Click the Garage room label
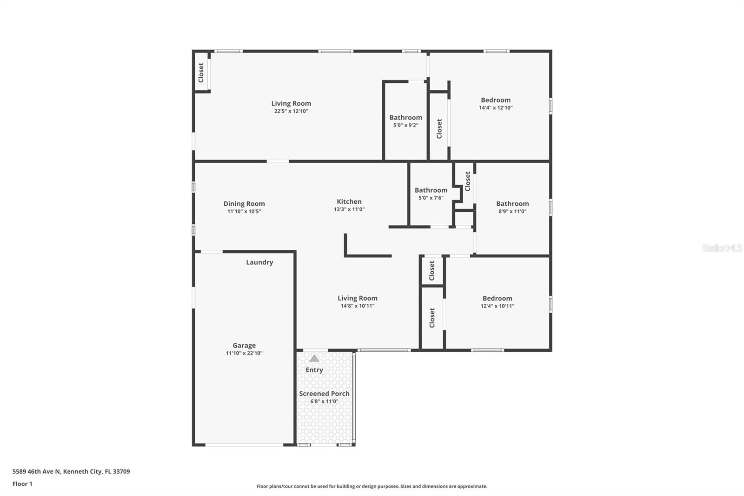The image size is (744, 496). pos(244,345)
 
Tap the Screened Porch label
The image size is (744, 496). pos(324,394)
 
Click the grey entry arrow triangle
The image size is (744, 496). pos(314,358)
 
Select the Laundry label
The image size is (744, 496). pos(259,262)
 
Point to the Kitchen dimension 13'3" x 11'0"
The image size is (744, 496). pos(349,209)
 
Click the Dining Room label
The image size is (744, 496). pos(244,204)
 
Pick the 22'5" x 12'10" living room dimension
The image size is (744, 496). pos(291,111)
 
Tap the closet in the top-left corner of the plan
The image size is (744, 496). pos(201,73)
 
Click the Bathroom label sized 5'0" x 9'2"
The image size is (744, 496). pos(405,118)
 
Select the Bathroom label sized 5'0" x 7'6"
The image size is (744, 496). pos(431,190)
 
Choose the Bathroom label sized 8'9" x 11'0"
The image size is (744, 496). pos(512,204)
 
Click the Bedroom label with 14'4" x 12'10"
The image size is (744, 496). pos(495,100)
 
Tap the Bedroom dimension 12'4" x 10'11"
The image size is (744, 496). pos(497,306)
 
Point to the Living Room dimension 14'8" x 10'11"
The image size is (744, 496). pos(357,306)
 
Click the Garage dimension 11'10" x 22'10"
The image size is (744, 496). pos(244,353)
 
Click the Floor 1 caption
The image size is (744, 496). pos(22,484)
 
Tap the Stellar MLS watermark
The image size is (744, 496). pos(722,248)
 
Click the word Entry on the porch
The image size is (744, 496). pos(314,370)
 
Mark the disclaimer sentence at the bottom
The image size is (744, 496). pos(372,486)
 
